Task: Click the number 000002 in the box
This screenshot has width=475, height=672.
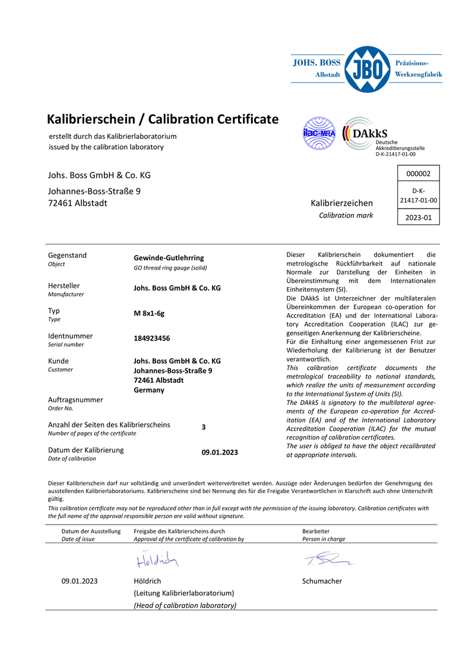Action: tap(418, 173)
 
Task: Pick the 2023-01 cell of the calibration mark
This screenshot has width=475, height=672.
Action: tap(418, 218)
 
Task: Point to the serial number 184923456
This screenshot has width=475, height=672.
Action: tap(152, 338)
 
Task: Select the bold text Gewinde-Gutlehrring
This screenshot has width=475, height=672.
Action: tap(169, 258)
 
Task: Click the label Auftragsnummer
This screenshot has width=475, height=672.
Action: tap(75, 400)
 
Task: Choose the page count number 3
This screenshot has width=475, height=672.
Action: tap(204, 427)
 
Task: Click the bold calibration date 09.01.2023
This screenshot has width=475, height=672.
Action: tap(220, 453)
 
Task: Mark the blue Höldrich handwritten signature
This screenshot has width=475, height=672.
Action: tap(157, 560)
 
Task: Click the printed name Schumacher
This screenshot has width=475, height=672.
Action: tap(322, 581)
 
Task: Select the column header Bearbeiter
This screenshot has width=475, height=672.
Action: tap(316, 531)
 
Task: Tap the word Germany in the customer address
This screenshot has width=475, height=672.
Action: tap(149, 390)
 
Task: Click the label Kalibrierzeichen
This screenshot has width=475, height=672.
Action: tap(342, 203)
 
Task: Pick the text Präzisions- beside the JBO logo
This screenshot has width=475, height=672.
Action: tap(411, 62)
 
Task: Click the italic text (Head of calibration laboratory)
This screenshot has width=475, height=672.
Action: tap(185, 605)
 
